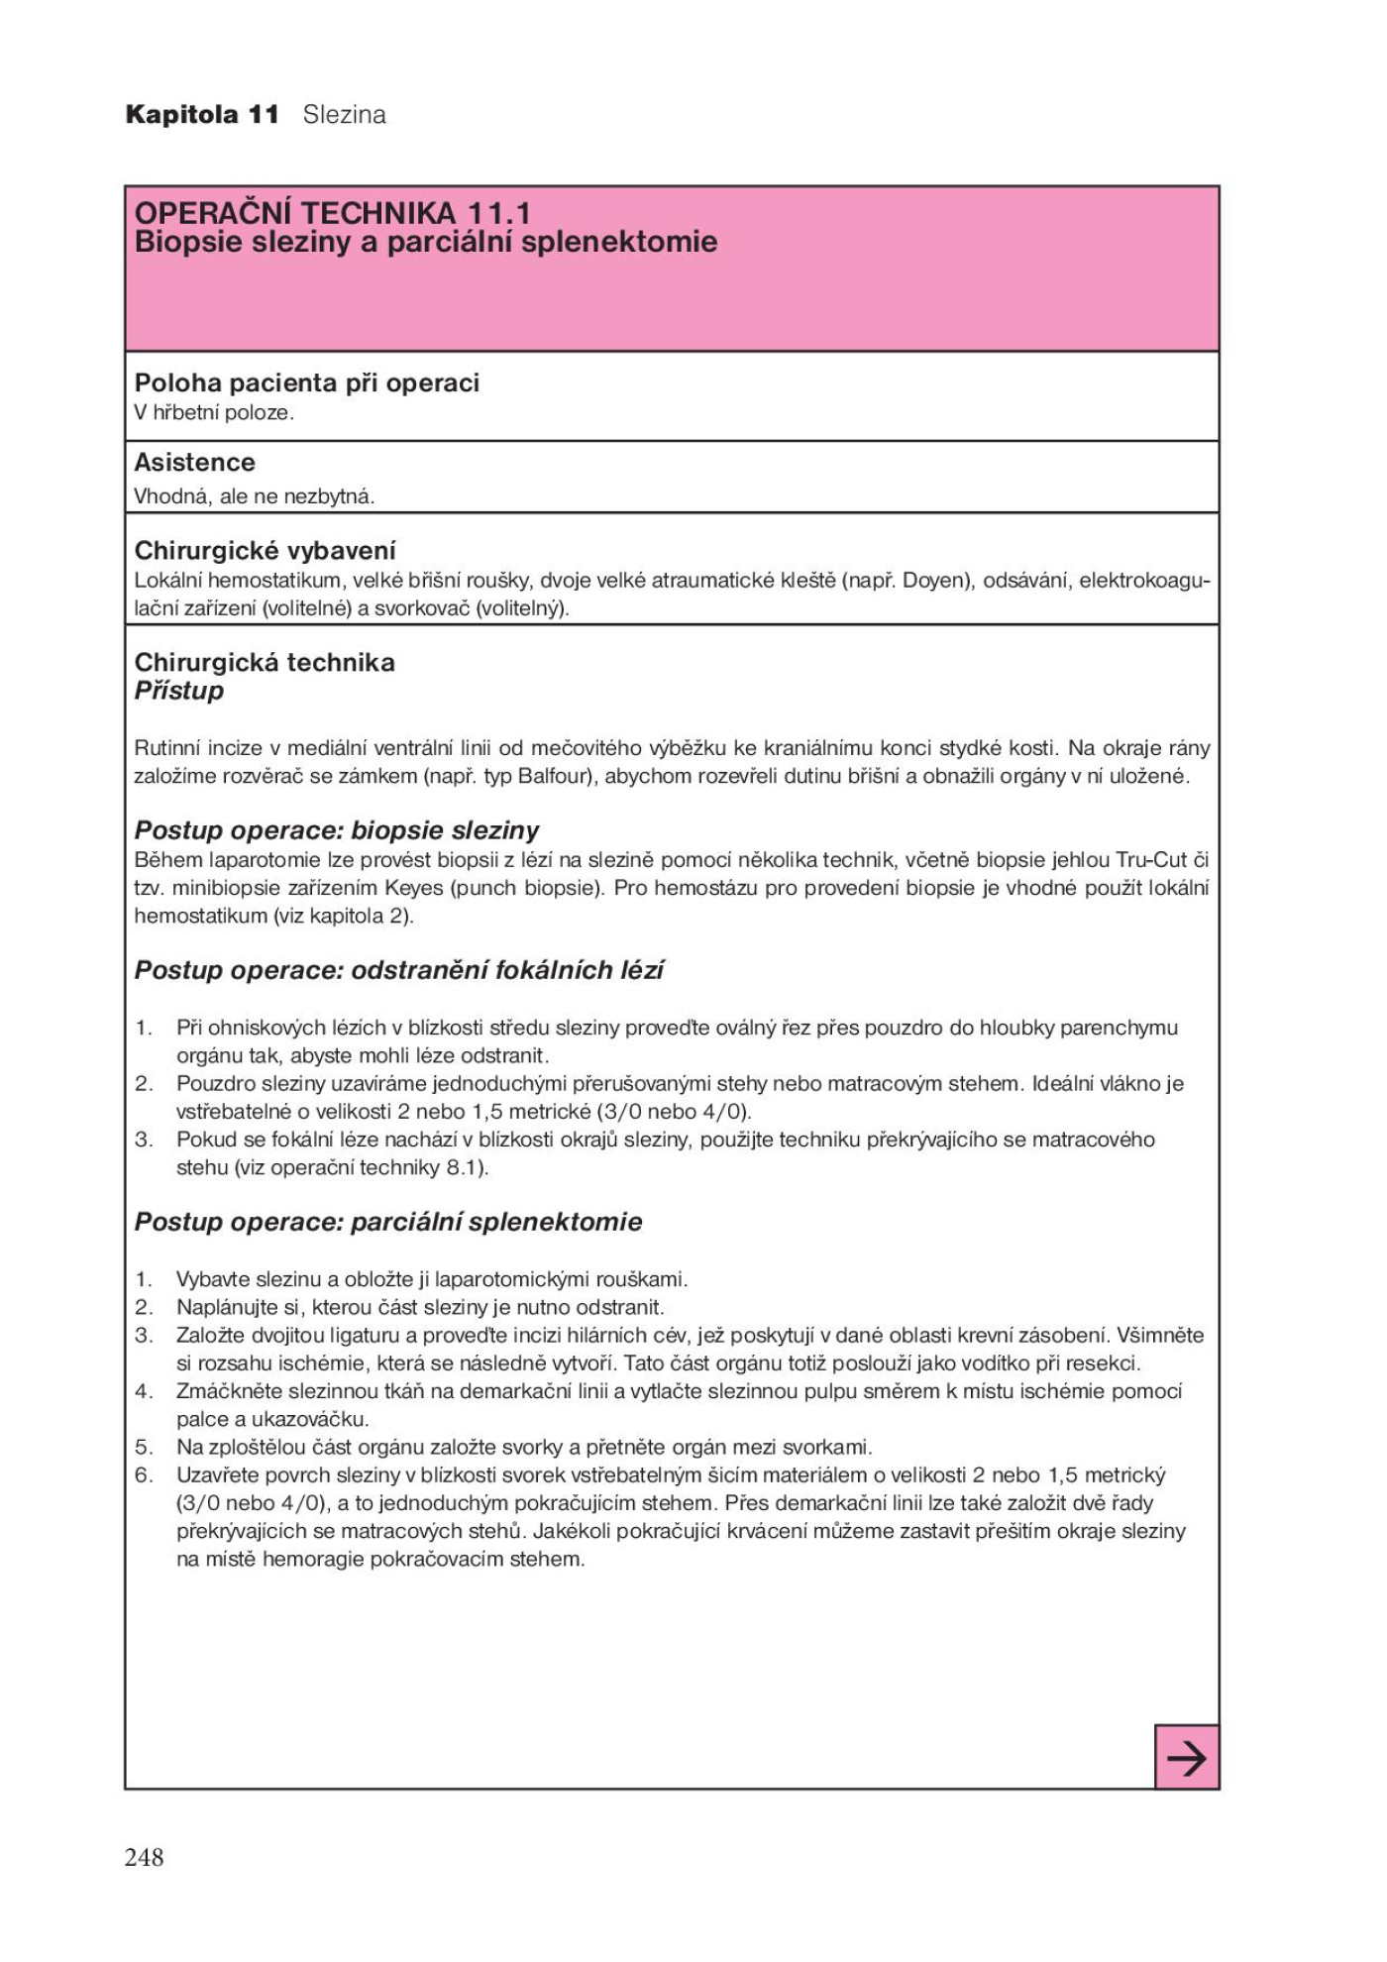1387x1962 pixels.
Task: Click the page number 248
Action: [x=144, y=1857]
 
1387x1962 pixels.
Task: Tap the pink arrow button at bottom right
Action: [x=1186, y=1758]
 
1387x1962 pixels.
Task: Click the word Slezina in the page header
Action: [x=344, y=115]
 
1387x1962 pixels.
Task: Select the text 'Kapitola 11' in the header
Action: [x=202, y=115]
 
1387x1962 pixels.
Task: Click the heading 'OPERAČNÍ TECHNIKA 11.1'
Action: [x=333, y=212]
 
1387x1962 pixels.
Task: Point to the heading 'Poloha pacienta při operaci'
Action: [x=307, y=383]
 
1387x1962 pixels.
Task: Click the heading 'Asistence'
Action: [x=195, y=463]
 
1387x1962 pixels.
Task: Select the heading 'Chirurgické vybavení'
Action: [x=266, y=551]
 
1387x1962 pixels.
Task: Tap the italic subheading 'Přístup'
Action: [x=179, y=691]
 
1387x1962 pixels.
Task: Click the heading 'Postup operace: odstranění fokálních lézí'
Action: [x=399, y=970]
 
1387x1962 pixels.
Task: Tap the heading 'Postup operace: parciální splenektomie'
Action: [x=388, y=1222]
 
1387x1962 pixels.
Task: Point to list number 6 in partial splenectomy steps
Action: [x=145, y=1475]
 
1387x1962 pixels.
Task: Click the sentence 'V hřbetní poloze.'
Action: [x=215, y=413]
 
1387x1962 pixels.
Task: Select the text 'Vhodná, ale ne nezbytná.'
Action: [x=255, y=496]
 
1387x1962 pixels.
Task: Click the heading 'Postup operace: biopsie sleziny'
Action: [x=337, y=830]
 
